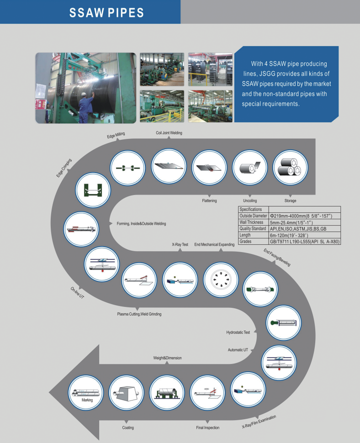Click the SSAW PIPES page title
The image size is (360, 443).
coord(106,12)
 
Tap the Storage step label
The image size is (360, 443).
coord(290,200)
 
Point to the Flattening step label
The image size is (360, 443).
coord(209,200)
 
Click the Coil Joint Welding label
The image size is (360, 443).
coord(169,133)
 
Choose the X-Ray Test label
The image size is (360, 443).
coord(180,244)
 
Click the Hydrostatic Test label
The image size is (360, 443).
coord(238,332)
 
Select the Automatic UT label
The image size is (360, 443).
coord(238,350)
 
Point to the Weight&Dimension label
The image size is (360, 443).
coord(167,358)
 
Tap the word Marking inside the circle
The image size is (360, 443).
coord(87,400)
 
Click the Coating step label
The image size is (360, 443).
coord(128,427)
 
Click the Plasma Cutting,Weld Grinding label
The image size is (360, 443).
coord(139,314)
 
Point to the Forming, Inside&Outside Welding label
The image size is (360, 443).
coord(138,223)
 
